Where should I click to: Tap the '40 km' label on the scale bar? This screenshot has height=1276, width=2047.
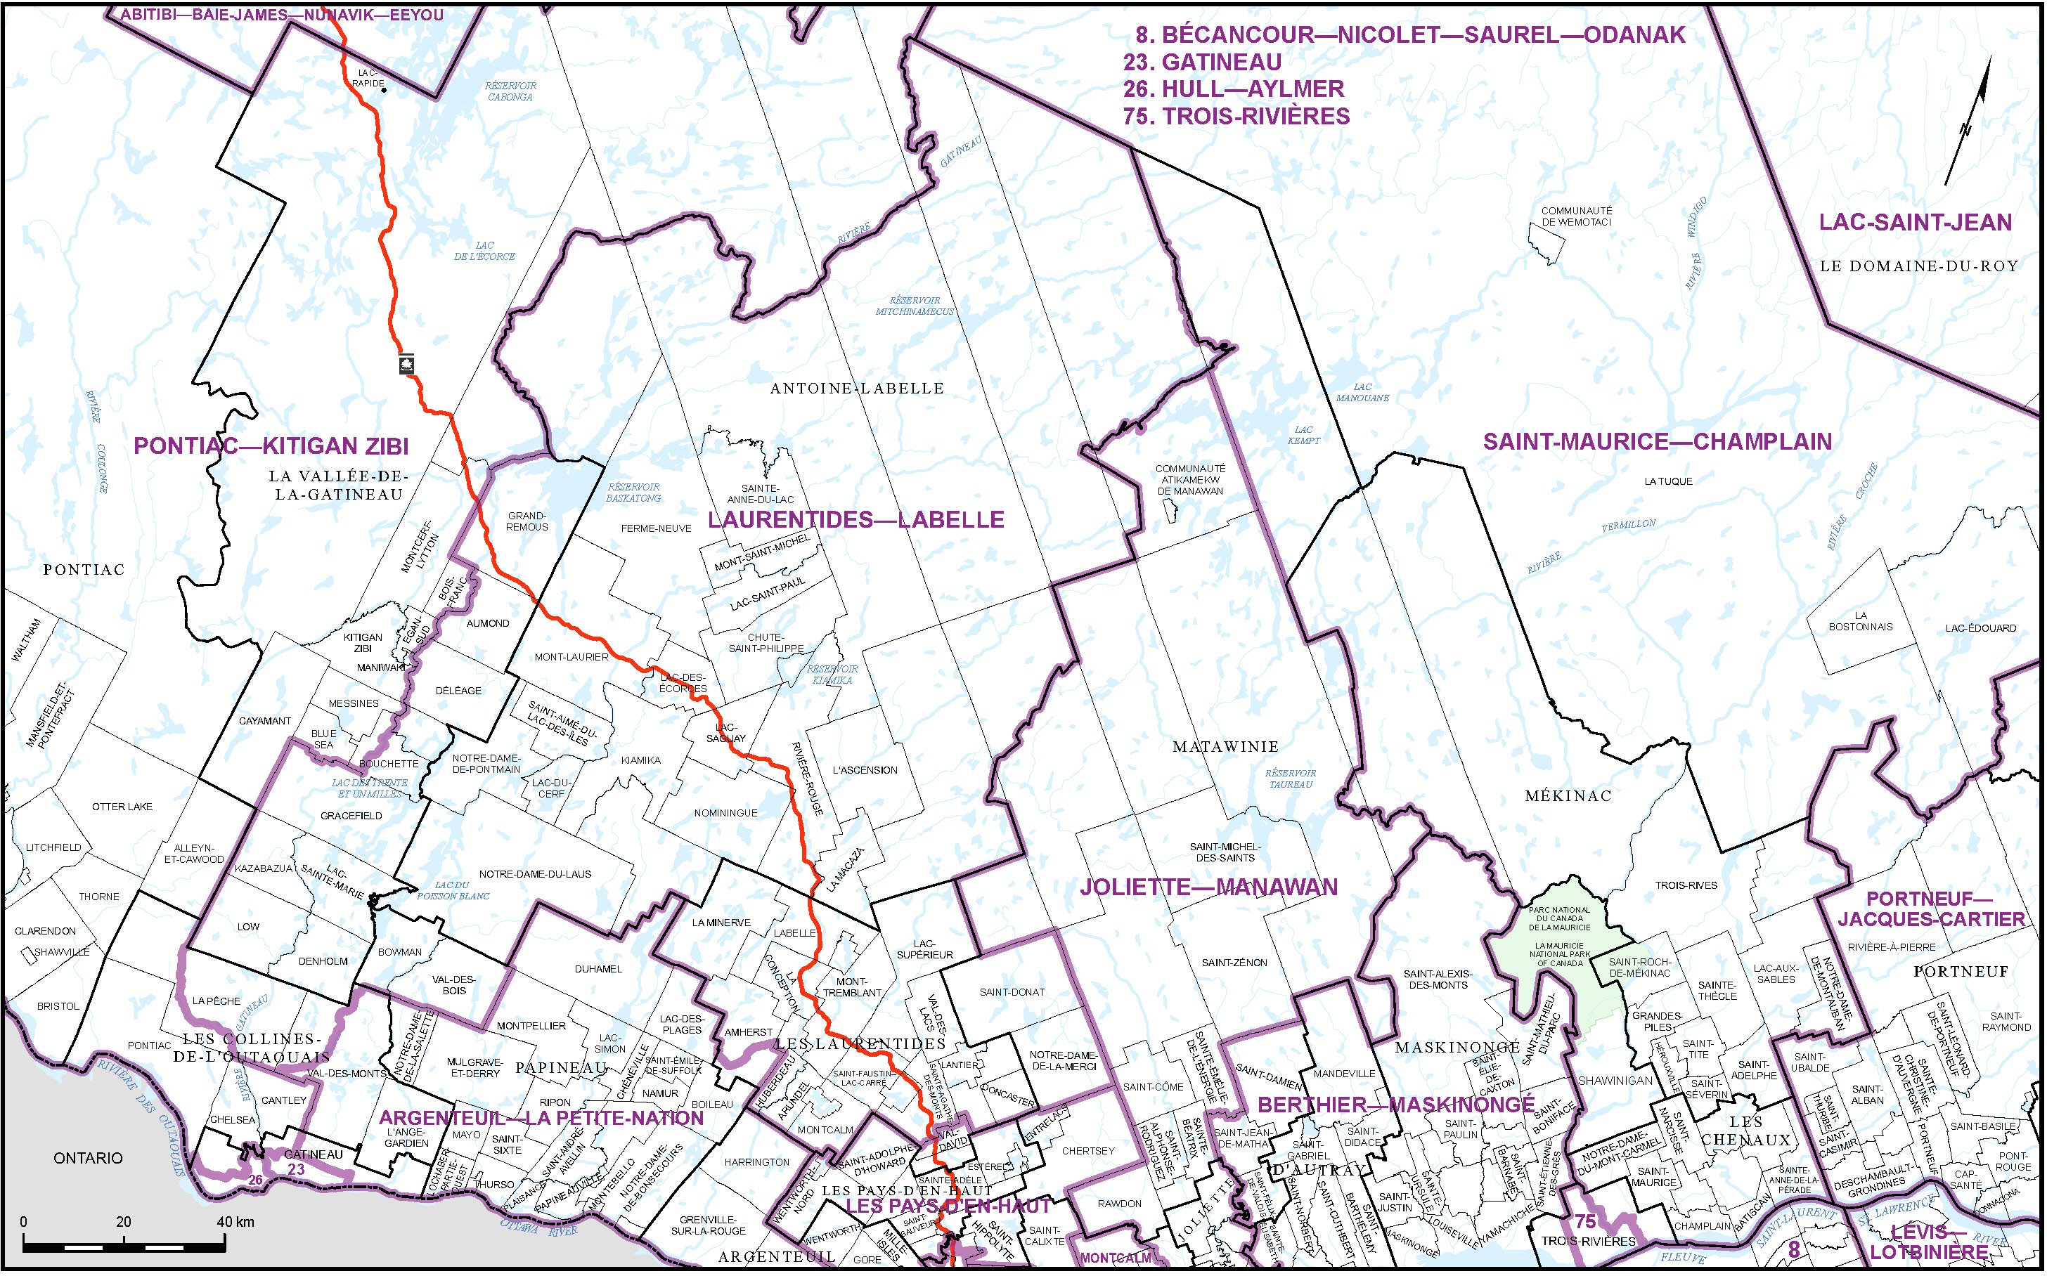click(235, 1222)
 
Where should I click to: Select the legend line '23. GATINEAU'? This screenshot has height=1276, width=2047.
click(1202, 63)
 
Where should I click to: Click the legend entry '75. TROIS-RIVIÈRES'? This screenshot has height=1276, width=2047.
click(1236, 117)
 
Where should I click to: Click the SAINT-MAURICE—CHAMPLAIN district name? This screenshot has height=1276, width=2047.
click(1657, 442)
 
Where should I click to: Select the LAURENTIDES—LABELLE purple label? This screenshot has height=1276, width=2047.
click(856, 520)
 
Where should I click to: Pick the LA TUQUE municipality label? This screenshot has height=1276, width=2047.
click(1668, 482)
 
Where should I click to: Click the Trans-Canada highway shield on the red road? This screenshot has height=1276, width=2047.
click(407, 365)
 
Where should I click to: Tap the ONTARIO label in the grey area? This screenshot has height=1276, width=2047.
click(88, 1159)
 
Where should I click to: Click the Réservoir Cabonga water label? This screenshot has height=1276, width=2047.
click(510, 91)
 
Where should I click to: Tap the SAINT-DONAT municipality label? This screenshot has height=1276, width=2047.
click(1012, 992)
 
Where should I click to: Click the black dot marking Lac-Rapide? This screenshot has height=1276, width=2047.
click(383, 89)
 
